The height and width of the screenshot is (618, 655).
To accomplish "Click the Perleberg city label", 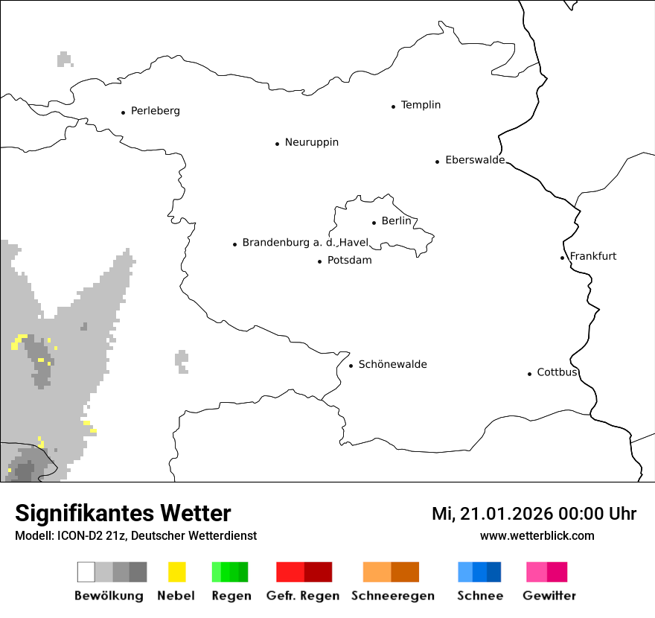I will click(x=155, y=111).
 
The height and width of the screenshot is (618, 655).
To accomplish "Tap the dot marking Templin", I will click(x=393, y=106).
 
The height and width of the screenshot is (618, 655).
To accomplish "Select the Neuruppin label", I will click(x=311, y=142).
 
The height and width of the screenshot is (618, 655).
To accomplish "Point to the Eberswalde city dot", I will click(x=438, y=162).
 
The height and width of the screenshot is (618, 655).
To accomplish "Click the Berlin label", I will click(x=396, y=221).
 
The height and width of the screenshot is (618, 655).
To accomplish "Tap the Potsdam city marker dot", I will click(x=319, y=261).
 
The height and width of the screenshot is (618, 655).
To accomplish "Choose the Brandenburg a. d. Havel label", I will click(x=305, y=243).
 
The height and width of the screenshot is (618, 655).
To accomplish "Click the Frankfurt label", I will click(x=593, y=256).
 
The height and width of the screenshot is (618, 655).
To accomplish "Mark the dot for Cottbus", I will click(x=529, y=374).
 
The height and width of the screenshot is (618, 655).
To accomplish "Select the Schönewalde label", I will click(x=392, y=364).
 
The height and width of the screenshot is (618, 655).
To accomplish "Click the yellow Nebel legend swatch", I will click(x=177, y=572).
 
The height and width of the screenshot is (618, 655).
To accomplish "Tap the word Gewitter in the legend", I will click(x=549, y=596).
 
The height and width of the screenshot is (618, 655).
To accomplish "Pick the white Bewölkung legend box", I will click(x=86, y=572).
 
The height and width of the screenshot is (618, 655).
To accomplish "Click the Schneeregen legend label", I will click(x=393, y=596).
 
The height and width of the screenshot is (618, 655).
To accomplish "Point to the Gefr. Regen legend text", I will click(x=303, y=596).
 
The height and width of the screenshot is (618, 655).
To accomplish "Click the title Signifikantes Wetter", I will click(x=123, y=514).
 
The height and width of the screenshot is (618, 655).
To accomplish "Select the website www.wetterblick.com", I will click(x=537, y=535).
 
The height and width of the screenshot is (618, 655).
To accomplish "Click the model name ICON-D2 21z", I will click(x=85, y=535).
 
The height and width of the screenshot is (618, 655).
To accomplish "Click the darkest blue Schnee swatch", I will click(x=494, y=572).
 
